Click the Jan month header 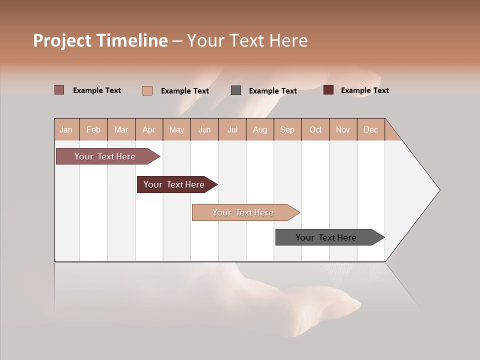[x=66, y=129]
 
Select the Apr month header [x=148, y=129]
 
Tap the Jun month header [x=204, y=129]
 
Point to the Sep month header [x=287, y=129]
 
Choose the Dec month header [x=370, y=129]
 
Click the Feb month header [x=93, y=129]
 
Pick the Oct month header [x=315, y=129]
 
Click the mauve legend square [x=59, y=90]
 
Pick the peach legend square [x=147, y=90]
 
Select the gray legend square [x=236, y=90]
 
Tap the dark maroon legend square [x=328, y=90]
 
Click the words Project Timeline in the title [x=100, y=40]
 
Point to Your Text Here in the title [x=247, y=40]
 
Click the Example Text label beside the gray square [x=272, y=91]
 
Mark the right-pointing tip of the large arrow [x=438, y=190]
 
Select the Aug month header [x=259, y=129]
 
